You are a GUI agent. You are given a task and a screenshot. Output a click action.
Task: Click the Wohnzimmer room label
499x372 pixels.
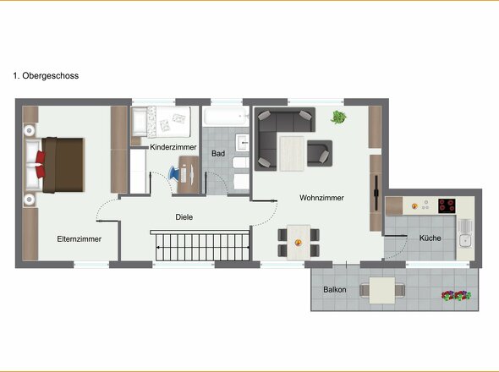coord(321,198)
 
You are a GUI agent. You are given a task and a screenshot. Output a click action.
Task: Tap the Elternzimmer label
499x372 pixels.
coord(80,239)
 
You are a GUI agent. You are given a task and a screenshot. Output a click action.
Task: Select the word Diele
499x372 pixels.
coord(184,217)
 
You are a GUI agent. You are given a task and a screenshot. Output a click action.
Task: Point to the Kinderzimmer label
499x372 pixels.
coord(173,147)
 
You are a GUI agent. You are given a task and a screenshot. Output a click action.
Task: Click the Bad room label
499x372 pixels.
coord(218,153)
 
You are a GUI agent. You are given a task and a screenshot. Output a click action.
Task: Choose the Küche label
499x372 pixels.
coord(430,238)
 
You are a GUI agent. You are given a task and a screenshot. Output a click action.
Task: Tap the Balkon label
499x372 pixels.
coord(334,290)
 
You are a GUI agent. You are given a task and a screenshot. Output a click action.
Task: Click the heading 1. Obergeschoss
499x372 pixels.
coord(46,76)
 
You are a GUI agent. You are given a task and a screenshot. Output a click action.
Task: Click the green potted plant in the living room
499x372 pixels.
coord(338,118)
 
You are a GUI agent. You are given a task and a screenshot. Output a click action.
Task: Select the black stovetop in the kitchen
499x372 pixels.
coord(447,206)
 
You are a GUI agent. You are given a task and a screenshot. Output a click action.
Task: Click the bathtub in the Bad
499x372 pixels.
coord(227,117)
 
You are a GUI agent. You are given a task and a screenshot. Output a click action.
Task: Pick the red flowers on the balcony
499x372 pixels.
coord(456,296)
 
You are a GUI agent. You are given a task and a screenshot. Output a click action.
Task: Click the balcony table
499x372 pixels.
coord(382,290)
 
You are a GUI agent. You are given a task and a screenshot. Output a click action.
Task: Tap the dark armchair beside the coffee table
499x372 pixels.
coord(320,153)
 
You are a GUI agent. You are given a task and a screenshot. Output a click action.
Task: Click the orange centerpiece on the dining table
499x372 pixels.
coord(299,243)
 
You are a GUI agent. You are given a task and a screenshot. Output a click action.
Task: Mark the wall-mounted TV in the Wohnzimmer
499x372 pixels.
coord(376,193)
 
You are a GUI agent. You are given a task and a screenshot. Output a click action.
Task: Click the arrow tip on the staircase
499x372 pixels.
coord(156,247)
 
